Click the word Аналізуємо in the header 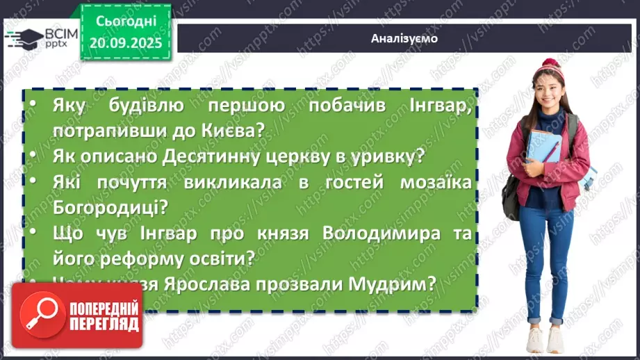(x=404, y=39)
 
